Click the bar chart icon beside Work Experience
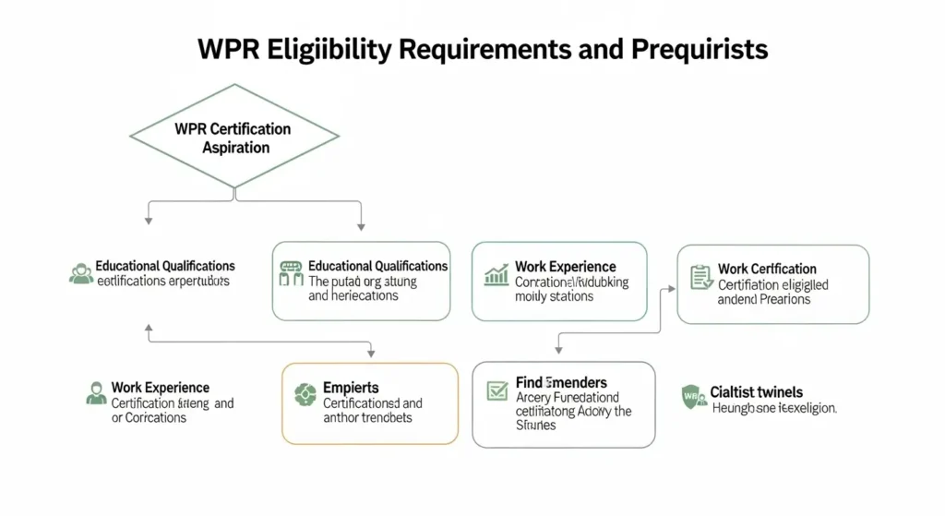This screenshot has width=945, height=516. coord(496,274)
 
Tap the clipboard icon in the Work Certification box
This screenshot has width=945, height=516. coord(700,276)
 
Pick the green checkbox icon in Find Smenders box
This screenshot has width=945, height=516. coord(496,391)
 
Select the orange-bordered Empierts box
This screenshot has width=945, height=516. coord(369,402)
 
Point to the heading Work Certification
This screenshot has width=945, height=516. coord(767,269)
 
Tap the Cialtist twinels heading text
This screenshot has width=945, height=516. coord(756,392)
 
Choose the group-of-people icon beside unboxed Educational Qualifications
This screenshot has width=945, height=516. coord(80,273)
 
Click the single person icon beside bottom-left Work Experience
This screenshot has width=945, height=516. coord(95,393)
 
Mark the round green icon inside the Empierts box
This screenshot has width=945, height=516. coord(305,395)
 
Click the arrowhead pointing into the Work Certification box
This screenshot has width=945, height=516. coord(672,288)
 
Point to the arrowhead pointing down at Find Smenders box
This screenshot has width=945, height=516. coord(559,350)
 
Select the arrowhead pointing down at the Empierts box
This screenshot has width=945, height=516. coord(371,352)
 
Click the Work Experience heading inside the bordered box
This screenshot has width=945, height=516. coord(565,267)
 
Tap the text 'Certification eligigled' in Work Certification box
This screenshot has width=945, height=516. coord(772,284)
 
